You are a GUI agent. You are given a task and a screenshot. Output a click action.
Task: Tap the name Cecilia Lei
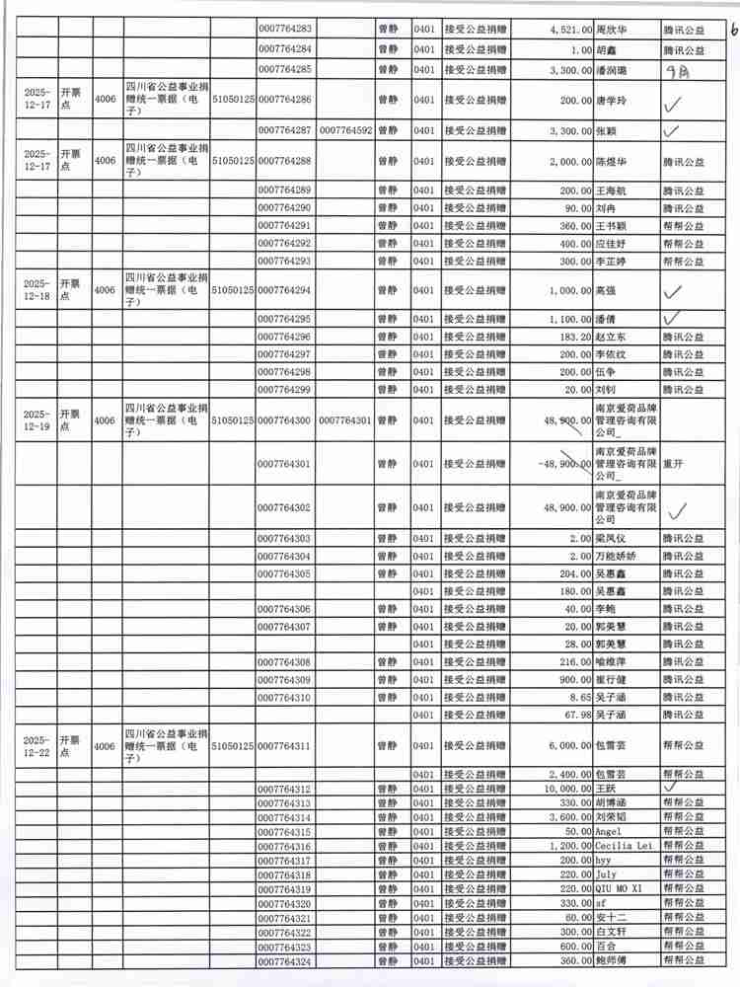pyautogui.click(x=626, y=847)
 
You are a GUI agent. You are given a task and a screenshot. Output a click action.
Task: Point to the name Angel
pyautogui.click(x=608, y=832)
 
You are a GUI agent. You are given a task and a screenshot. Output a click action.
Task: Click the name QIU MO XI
pyautogui.click(x=619, y=889)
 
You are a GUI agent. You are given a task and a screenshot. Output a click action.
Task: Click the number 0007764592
pyautogui.click(x=345, y=130)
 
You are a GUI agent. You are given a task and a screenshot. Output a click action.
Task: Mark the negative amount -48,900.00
pyautogui.click(x=558, y=463)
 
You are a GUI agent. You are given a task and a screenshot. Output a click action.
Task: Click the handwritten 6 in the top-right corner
pyautogui.click(x=731, y=30)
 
